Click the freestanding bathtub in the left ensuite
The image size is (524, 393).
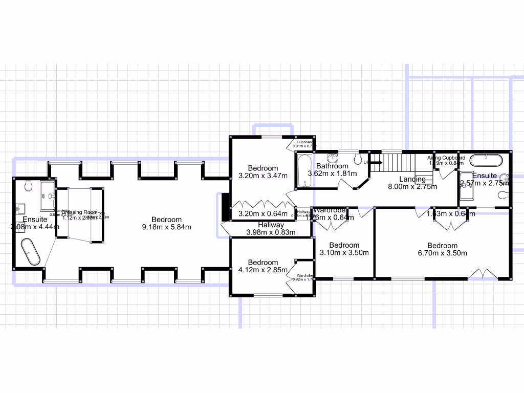click(x=31, y=252)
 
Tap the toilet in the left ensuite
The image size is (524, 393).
click(x=28, y=184)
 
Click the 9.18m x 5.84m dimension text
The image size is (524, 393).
click(x=166, y=227)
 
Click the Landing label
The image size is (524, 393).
click(x=412, y=179)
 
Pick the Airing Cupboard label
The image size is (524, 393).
click(x=446, y=158)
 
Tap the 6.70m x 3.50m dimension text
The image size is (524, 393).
click(x=443, y=253)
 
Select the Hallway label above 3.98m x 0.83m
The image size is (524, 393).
click(x=271, y=225)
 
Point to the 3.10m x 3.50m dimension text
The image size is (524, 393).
click(x=344, y=252)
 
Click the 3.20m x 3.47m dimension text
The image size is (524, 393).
click(x=263, y=176)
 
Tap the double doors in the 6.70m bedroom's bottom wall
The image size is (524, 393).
click(x=483, y=274)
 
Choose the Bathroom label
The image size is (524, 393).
click(x=332, y=166)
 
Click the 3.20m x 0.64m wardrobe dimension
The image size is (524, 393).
click(x=263, y=214)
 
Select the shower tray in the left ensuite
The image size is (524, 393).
click(x=48, y=195)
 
